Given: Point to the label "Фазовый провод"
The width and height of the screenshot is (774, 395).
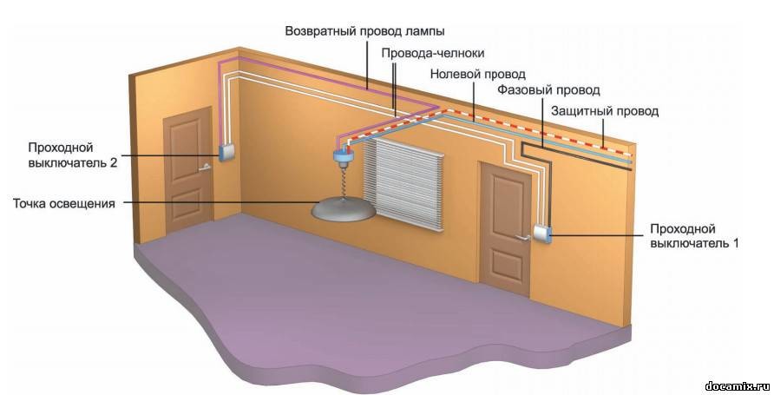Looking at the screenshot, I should pyautogui.click(x=548, y=90).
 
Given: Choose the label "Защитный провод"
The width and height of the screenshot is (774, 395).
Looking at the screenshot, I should pyautogui.click(x=605, y=112).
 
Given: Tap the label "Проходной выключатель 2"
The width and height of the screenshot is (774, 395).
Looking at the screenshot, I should pyautogui.click(x=72, y=154).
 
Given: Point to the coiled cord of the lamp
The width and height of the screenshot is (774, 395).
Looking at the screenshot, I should pyautogui.click(x=340, y=181).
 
